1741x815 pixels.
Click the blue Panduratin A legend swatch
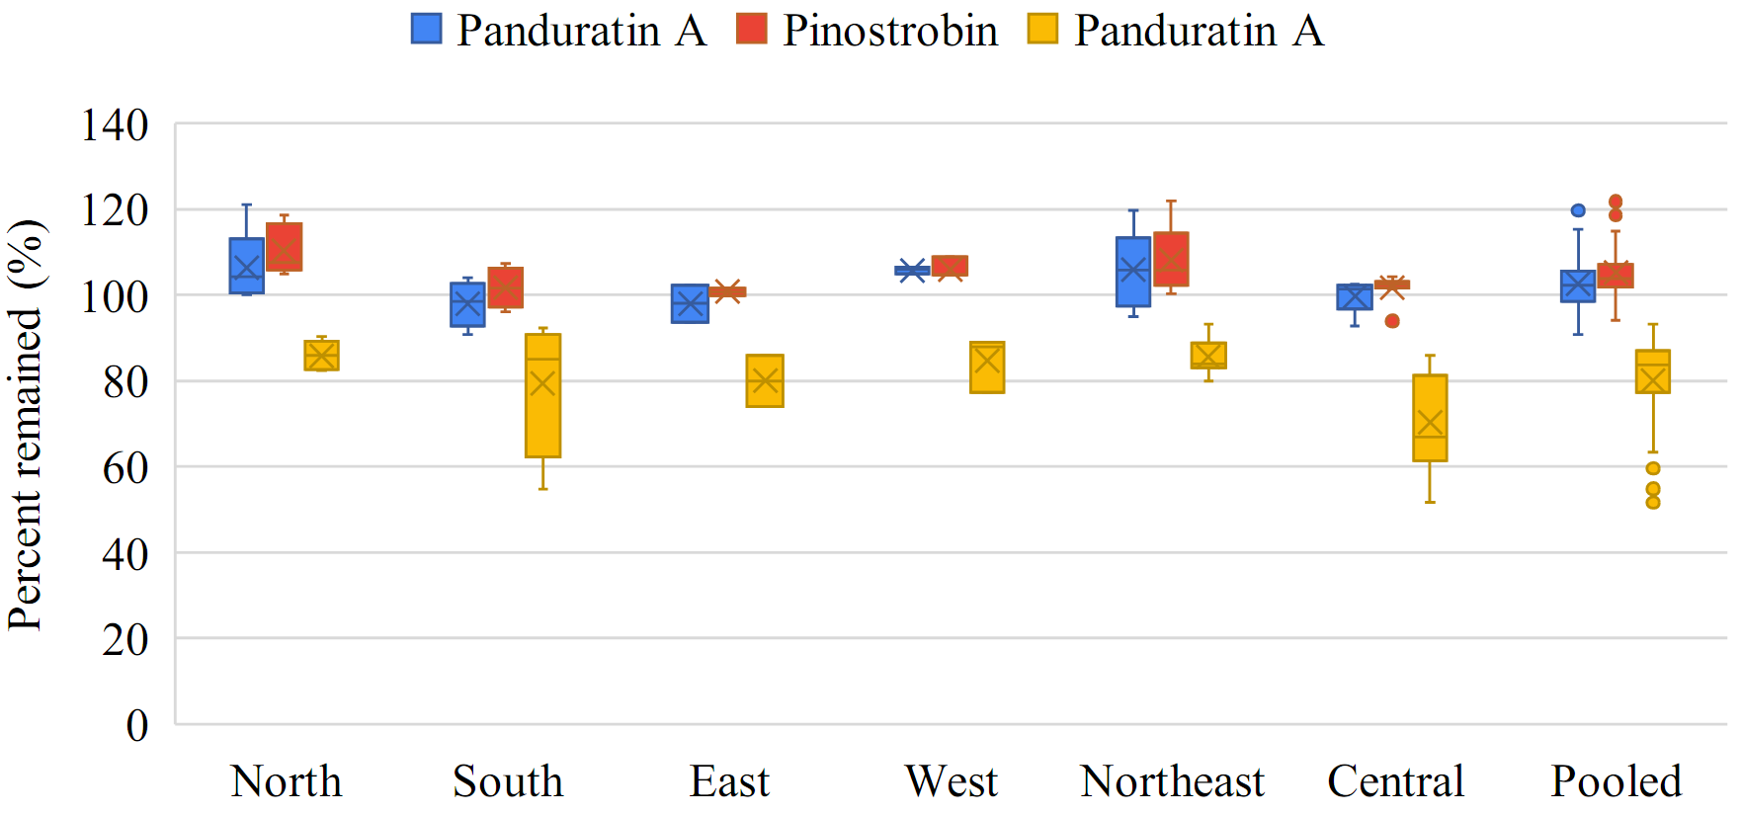click(426, 29)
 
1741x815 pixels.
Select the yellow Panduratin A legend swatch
click(1041, 29)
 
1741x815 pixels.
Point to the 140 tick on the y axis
click(115, 125)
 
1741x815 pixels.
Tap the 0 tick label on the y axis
click(137, 725)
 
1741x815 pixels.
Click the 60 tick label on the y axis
click(125, 467)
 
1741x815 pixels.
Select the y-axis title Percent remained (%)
click(26, 425)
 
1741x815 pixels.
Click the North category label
click(286, 781)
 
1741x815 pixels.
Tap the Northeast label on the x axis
click(1172, 781)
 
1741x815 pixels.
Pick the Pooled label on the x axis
click(1616, 781)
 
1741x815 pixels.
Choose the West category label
click(951, 781)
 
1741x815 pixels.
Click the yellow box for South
click(542, 395)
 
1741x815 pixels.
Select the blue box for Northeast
click(1133, 272)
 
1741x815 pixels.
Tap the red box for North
click(285, 246)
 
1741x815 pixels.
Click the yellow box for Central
click(1430, 417)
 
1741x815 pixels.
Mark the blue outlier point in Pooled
click(1578, 210)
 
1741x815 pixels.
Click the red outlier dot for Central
click(1392, 321)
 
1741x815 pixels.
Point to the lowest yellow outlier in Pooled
click(1653, 503)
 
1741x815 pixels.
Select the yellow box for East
click(765, 380)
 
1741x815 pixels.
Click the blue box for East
click(690, 303)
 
